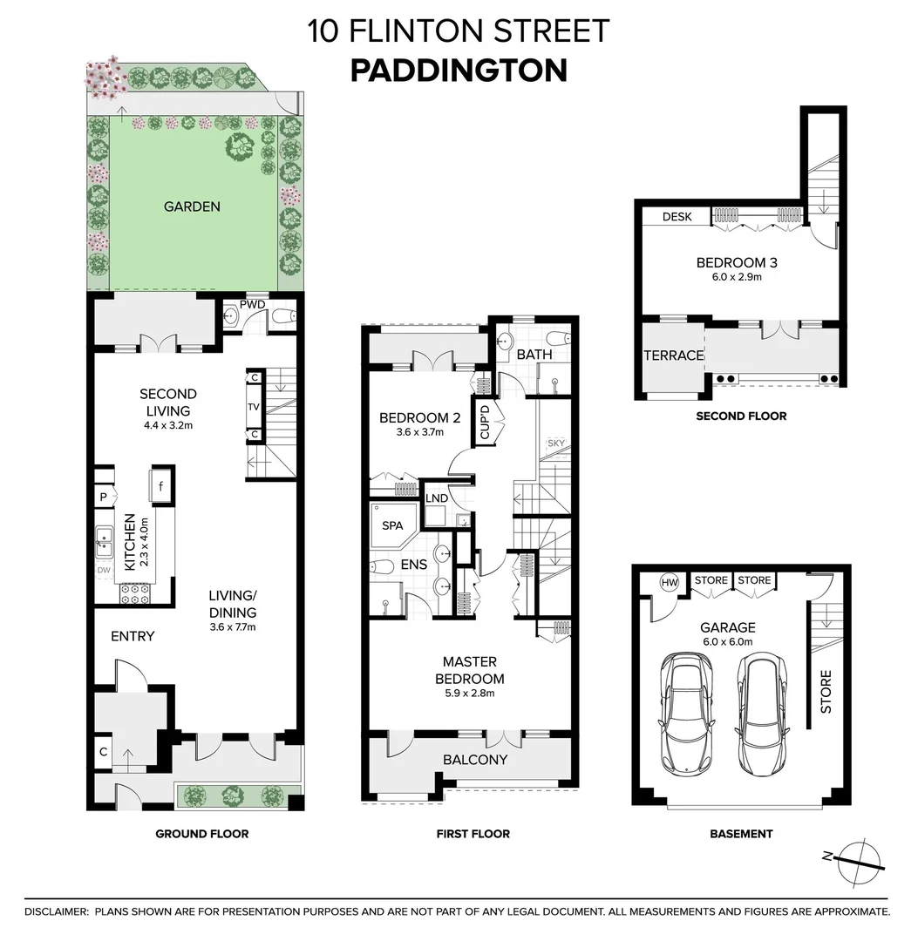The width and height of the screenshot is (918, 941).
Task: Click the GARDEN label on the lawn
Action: point(192,206)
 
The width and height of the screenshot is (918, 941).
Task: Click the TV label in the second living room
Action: point(255,406)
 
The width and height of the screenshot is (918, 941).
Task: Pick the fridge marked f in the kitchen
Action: point(161,486)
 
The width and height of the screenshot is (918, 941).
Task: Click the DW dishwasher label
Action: point(104,571)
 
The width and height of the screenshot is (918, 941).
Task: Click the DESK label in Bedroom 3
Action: point(677,216)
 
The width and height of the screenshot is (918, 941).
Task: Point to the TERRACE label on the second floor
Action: point(672,355)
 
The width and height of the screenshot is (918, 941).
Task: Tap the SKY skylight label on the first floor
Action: point(555,443)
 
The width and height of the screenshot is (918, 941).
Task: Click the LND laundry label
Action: point(436,498)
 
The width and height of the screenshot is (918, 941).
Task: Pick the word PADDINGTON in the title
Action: point(459,71)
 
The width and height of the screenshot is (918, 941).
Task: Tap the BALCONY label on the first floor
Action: point(475,760)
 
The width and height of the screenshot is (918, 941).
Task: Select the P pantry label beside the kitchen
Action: point(104,497)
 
